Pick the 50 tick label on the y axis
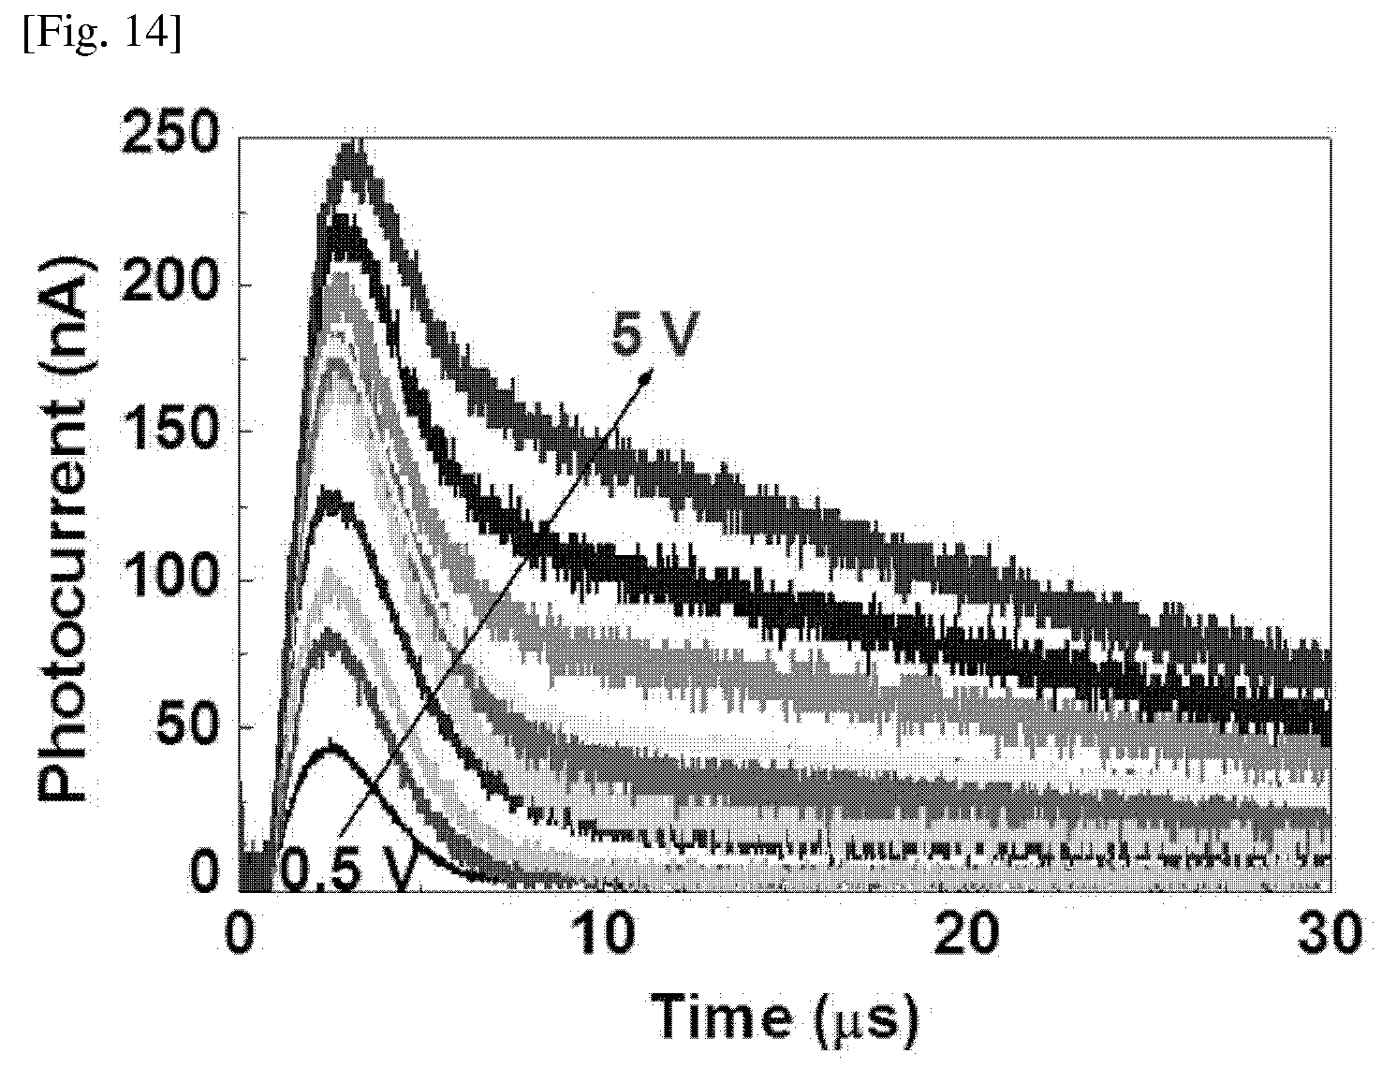185,725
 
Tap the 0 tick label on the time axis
239,934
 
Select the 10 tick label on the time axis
605,934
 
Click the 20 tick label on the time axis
965,934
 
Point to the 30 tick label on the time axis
1331,934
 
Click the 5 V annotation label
654,332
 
